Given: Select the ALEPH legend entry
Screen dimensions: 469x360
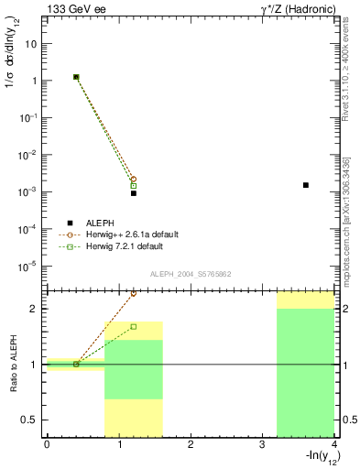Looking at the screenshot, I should point(100,223).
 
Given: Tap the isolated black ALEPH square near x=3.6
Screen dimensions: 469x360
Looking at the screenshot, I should point(306,185).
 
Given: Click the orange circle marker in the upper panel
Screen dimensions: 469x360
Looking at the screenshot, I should point(134,180).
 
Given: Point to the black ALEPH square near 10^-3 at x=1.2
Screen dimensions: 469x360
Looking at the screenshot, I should point(134,193).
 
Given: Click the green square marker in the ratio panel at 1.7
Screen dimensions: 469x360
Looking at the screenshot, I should point(134,326).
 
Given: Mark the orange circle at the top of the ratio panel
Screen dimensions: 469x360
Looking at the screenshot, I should point(134,293).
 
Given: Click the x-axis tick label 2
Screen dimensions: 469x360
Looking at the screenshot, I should point(191,444).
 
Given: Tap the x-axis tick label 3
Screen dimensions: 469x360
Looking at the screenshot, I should point(262,444).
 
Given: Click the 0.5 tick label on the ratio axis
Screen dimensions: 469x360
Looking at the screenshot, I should point(31,420).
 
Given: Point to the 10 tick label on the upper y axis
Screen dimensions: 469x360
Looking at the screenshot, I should point(32,44).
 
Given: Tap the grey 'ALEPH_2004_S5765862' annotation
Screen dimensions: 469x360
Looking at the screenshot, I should point(190,275).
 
